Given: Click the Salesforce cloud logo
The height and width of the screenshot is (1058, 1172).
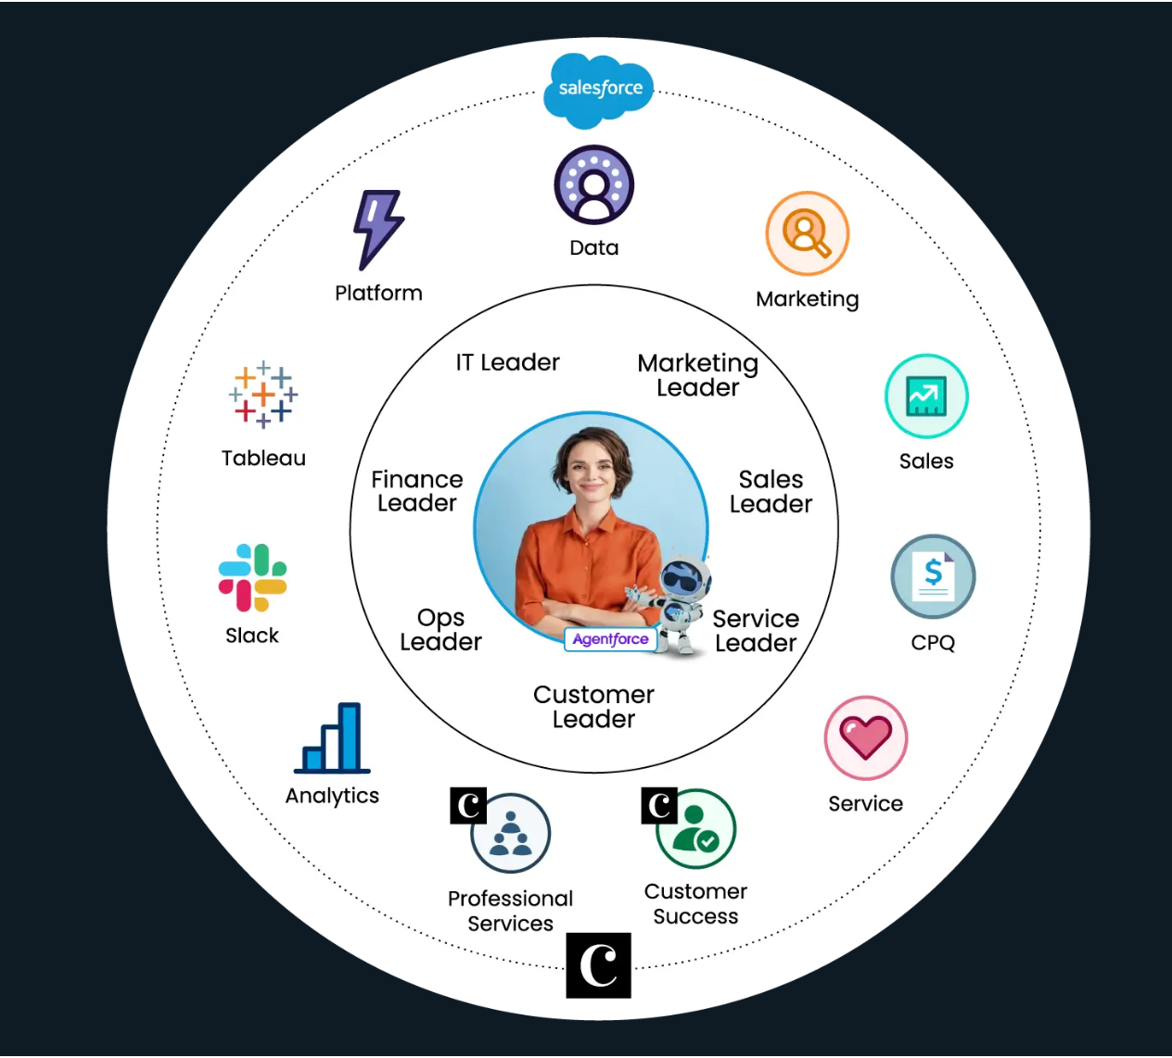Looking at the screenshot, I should tap(599, 89).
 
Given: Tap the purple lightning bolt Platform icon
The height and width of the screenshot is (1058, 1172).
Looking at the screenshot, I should tap(377, 228).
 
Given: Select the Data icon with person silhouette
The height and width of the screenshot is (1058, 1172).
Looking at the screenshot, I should tap(594, 184).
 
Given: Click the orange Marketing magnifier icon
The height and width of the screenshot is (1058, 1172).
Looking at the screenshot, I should tap(807, 233).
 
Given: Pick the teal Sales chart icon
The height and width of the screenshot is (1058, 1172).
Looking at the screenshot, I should tap(926, 397).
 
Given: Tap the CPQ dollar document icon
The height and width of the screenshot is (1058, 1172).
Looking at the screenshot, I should tap(933, 576).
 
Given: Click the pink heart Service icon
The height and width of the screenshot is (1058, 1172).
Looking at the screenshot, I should tap(865, 738).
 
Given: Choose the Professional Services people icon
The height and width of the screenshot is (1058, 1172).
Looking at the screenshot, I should tap(511, 834).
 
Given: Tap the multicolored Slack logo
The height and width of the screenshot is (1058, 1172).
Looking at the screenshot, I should tap(252, 578).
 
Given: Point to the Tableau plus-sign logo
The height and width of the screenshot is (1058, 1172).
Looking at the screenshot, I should tap(263, 395).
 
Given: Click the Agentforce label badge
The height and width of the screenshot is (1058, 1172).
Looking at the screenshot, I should tap(611, 639).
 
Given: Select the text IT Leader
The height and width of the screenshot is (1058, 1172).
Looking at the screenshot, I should tap(507, 362).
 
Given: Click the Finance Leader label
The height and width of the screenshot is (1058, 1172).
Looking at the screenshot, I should tap(416, 491).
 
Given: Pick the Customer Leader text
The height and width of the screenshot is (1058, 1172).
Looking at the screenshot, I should tap(593, 707).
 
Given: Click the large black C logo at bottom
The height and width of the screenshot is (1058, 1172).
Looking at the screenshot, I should tap(599, 965).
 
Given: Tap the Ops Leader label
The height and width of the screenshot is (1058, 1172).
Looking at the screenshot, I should tap(440, 630).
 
